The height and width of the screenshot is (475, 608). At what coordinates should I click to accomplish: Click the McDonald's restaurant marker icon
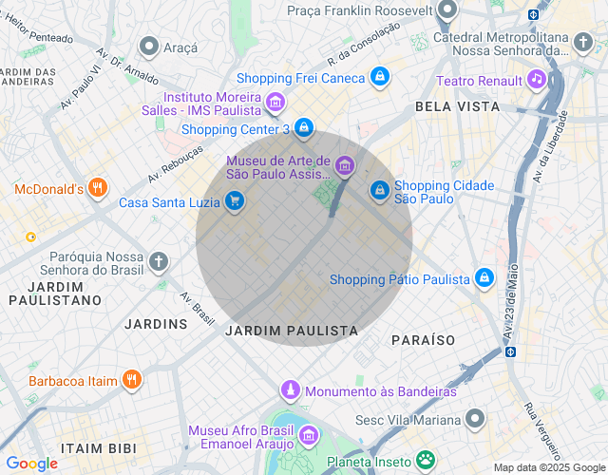click(x=96, y=188)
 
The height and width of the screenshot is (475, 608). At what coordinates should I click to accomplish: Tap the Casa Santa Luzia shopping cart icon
click(x=234, y=201)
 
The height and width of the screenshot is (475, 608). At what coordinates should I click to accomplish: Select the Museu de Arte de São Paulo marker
click(x=344, y=167)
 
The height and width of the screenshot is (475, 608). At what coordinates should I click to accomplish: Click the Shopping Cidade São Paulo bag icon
click(x=379, y=191)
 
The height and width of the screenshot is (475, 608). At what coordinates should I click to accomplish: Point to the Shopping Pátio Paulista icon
click(x=484, y=278)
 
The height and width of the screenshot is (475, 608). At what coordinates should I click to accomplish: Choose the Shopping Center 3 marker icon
click(x=303, y=128)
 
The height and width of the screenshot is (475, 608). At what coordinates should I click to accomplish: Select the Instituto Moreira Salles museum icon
click(x=275, y=103)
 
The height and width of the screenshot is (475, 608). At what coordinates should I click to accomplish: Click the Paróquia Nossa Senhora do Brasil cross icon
click(x=159, y=260)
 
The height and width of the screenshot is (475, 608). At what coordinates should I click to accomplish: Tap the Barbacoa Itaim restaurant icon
click(x=132, y=380)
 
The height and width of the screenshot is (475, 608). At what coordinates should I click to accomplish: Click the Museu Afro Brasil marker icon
click(x=308, y=436)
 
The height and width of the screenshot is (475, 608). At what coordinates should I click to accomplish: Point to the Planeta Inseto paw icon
click(x=427, y=462)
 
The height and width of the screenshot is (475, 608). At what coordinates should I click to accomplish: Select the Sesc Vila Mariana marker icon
click(x=475, y=418)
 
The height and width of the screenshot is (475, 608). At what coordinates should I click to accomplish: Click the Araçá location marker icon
click(x=149, y=47)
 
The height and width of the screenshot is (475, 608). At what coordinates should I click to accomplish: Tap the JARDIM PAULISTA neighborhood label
click(x=292, y=331)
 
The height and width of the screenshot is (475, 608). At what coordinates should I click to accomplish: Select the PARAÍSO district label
click(x=423, y=339)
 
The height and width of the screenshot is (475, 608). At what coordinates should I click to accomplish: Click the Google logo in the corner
click(x=31, y=463)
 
